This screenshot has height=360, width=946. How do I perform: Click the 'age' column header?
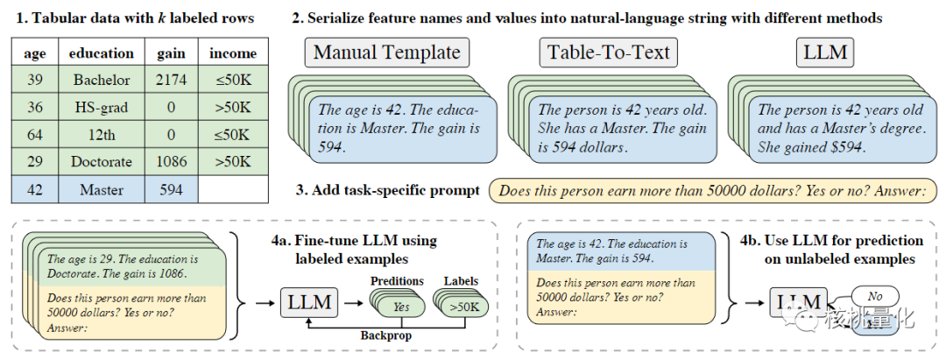[35, 53]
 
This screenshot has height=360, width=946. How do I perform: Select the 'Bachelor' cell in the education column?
[102, 81]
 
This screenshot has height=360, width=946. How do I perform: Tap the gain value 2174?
[171, 81]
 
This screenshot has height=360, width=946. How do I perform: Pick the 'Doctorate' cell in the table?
[102, 162]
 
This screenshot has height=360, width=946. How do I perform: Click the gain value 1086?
[171, 162]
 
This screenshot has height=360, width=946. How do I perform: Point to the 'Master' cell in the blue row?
[102, 189]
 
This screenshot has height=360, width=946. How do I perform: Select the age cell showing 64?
[35, 135]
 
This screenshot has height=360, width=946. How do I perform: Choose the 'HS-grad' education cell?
[102, 108]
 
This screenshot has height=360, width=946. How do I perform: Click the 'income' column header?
[233, 53]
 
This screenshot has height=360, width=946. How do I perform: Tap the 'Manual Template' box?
[386, 53]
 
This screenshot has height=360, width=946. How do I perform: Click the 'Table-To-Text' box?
[609, 53]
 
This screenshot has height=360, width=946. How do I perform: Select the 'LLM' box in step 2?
[825, 53]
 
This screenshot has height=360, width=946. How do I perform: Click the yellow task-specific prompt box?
[712, 190]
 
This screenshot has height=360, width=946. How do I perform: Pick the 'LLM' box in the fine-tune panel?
[309, 303]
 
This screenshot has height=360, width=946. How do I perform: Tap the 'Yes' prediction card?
[402, 307]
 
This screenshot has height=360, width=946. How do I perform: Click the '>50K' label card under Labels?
[463, 307]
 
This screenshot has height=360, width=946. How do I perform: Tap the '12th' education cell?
[102, 135]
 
